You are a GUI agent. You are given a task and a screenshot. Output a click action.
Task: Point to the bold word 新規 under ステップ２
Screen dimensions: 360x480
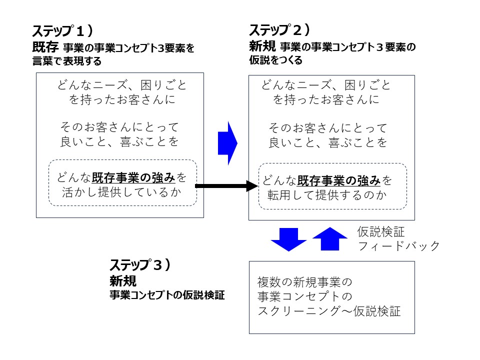pos(262,47)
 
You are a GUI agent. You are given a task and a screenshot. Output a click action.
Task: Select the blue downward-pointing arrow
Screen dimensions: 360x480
pos(288,239)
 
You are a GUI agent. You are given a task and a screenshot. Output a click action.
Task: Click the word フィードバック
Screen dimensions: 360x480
pos(398,246)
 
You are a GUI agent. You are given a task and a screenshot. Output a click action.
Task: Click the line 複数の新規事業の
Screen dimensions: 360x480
pos(305,281)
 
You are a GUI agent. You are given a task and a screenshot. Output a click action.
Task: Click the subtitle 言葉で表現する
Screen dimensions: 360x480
pos(66,61)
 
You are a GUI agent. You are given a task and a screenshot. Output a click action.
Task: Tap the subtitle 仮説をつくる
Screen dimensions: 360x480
pos(275,60)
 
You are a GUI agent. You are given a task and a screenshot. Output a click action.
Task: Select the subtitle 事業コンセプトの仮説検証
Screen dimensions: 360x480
pos(167,295)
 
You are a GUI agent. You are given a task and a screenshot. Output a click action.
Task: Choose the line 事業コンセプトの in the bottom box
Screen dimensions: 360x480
pos(305,296)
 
